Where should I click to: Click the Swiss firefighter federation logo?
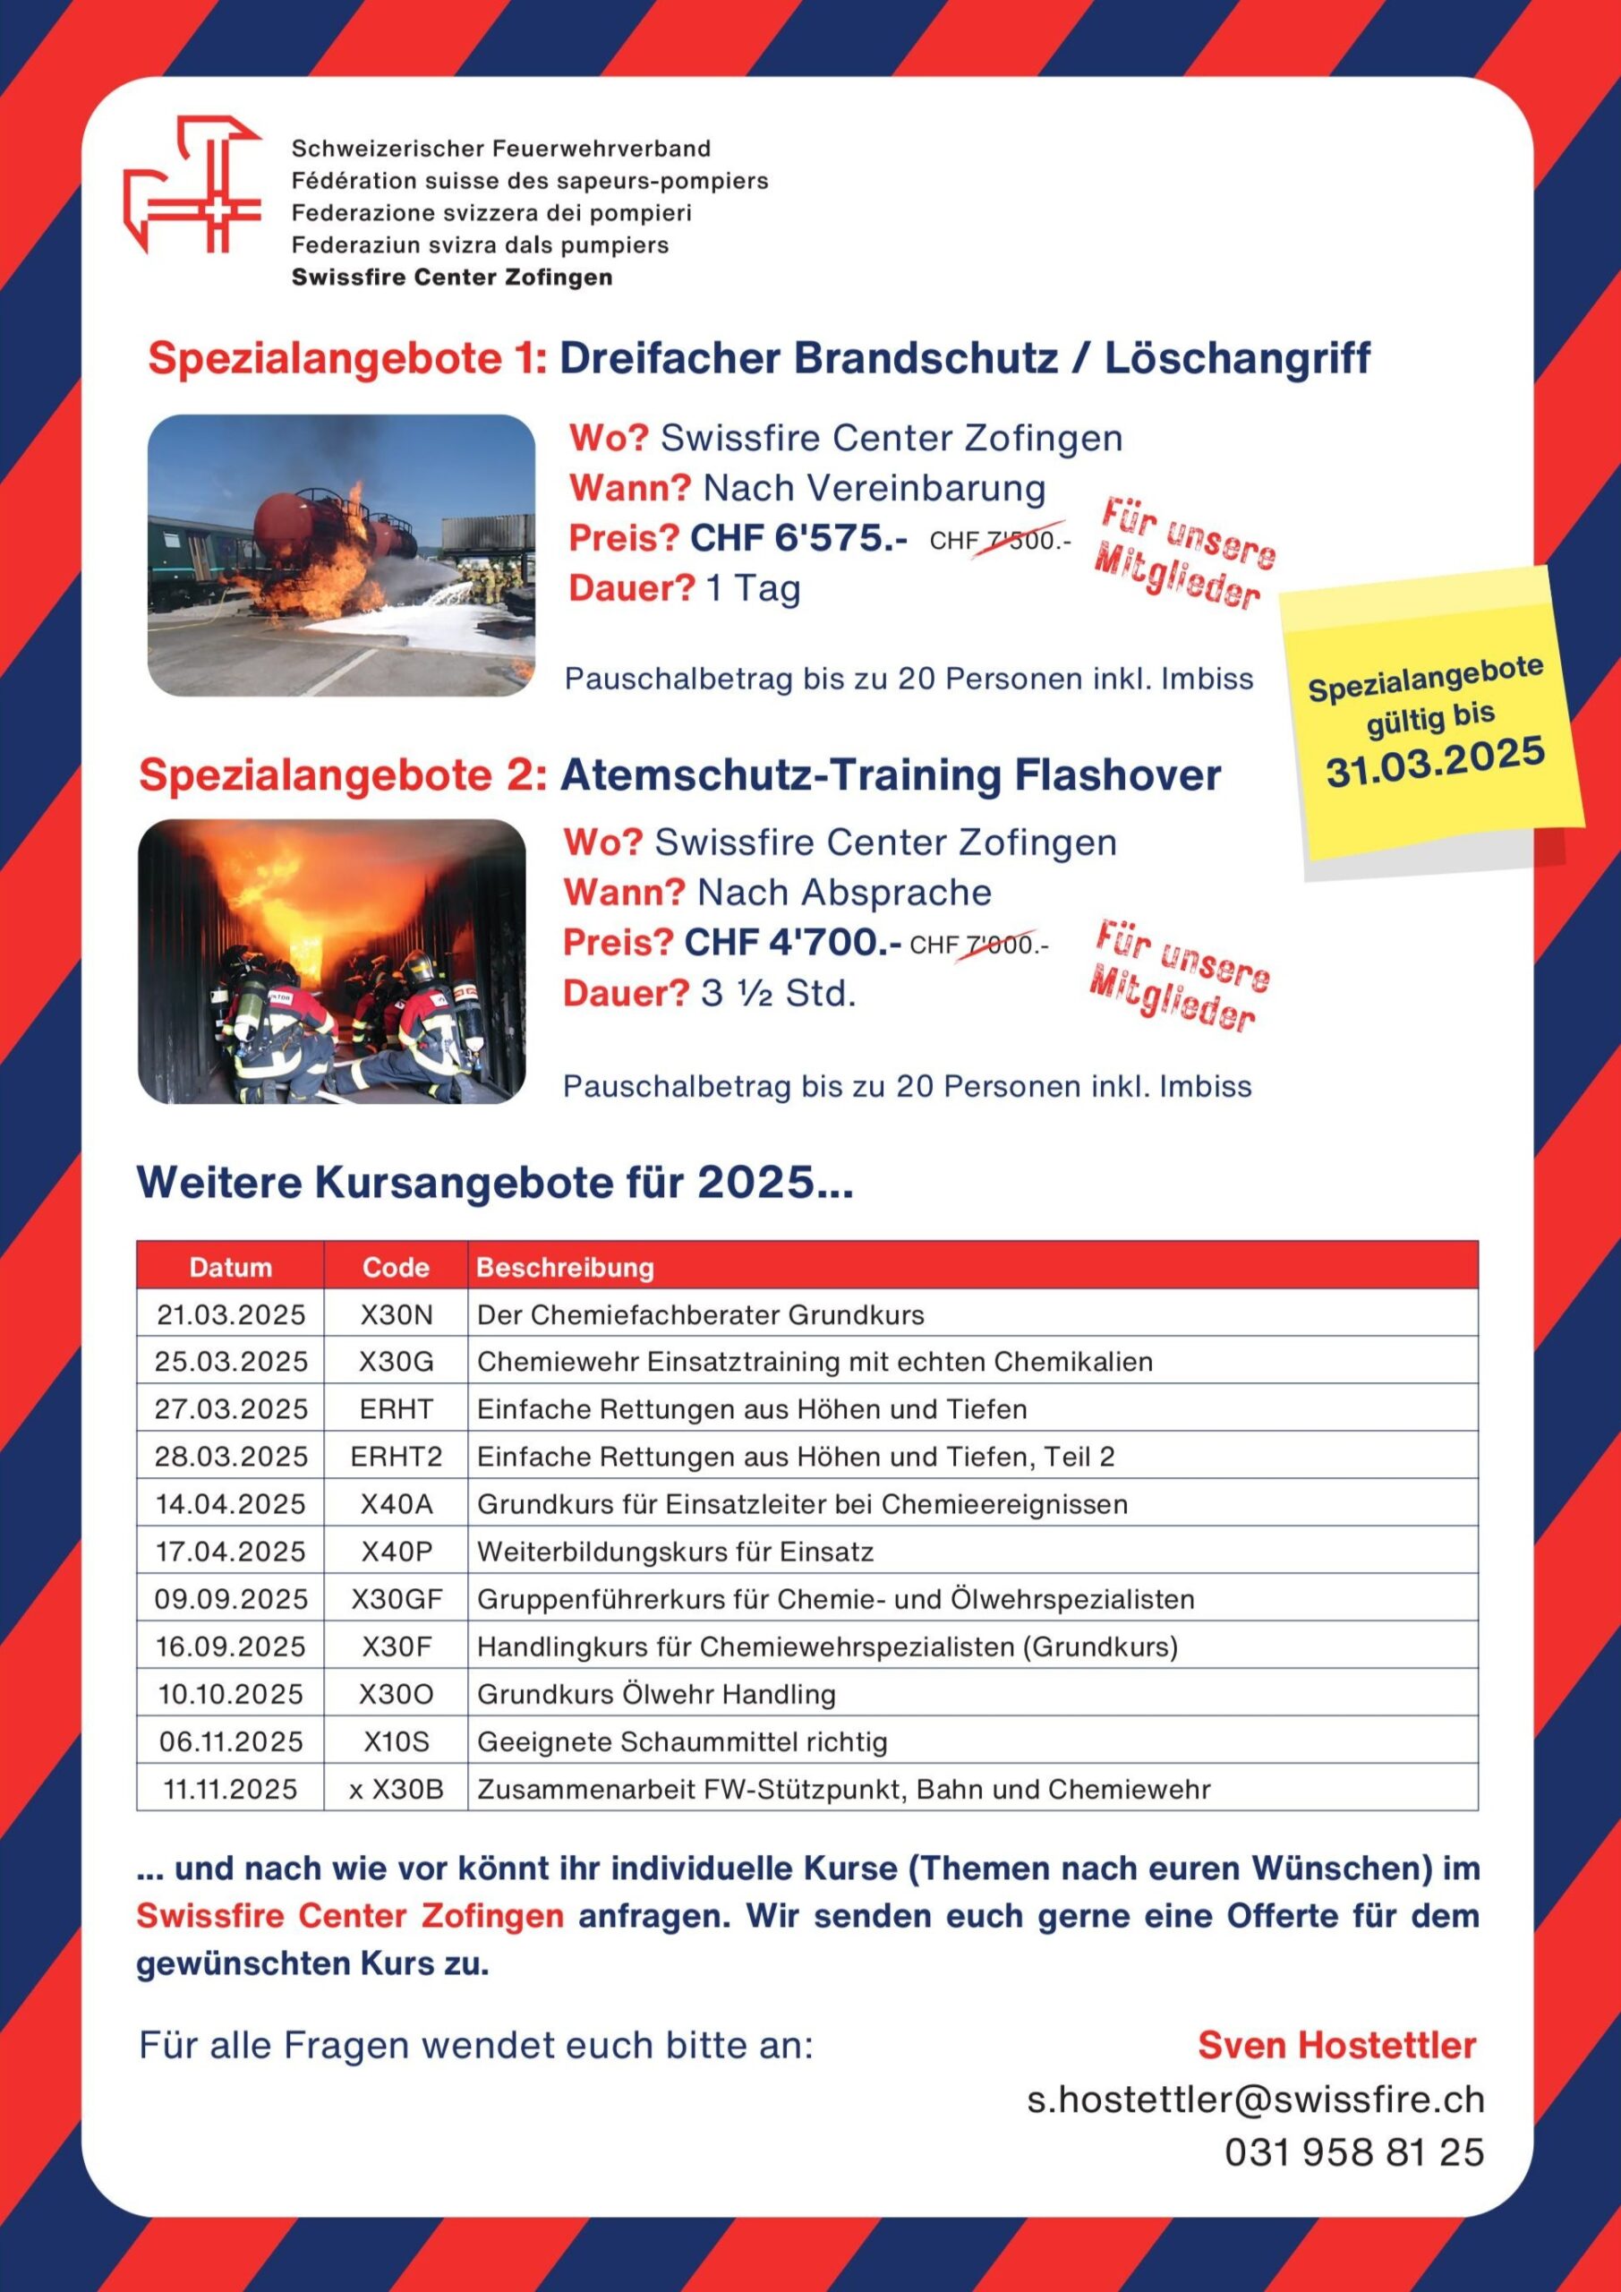(x=192, y=184)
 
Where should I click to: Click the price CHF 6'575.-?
(x=798, y=539)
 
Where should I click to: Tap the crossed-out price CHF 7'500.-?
(x=999, y=541)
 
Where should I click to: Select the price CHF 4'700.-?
(x=792, y=943)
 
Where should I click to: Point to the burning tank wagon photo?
(x=341, y=555)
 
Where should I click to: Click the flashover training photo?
(x=331, y=962)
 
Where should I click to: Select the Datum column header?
(x=231, y=1267)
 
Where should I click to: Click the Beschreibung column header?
(x=565, y=1267)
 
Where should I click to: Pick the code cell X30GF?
(x=397, y=1599)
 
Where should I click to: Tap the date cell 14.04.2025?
(x=231, y=1504)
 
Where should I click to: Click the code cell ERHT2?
(x=397, y=1457)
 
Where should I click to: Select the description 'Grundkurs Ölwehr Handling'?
(x=656, y=1694)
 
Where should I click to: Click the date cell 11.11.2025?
(x=231, y=1789)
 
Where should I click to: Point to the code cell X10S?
(x=397, y=1742)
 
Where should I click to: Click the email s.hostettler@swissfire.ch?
(x=1256, y=2099)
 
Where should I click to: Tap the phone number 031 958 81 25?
(x=1354, y=2151)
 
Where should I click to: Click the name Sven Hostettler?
(x=1336, y=2044)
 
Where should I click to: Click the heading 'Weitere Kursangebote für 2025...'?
(x=495, y=1183)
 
